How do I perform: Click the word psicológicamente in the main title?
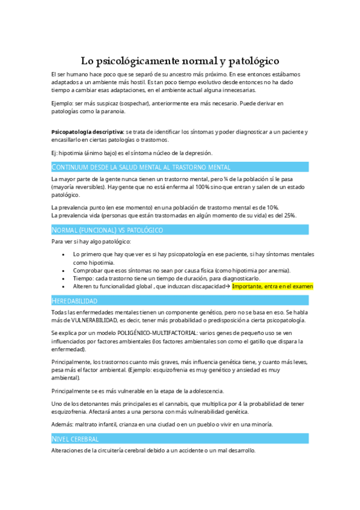pos(138,61)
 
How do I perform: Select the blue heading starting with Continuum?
pos(141,167)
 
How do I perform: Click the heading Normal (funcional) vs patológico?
pos(108,230)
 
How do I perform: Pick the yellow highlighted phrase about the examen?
pos(272,286)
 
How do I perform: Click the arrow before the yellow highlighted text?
pos(227,286)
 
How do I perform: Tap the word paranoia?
pos(112,111)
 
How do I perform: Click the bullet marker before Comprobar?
pos(64,271)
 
